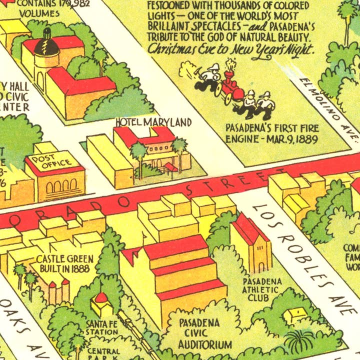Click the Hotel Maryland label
(153, 122)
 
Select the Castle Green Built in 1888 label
(62, 263)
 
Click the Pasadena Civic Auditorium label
(198, 333)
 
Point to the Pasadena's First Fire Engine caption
(271, 132)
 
